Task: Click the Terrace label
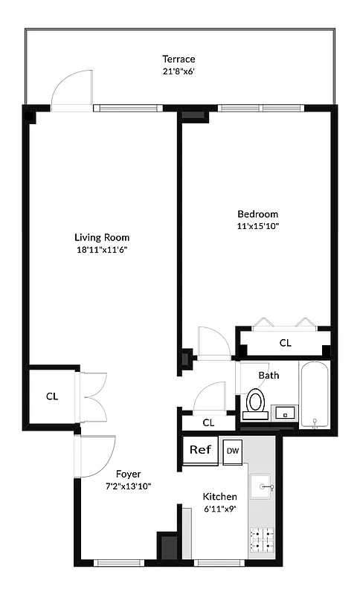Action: click(179, 59)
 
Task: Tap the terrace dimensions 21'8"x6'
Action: click(179, 72)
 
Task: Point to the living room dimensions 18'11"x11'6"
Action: click(103, 251)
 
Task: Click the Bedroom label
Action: click(257, 213)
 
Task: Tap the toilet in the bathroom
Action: click(256, 403)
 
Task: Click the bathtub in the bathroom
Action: click(315, 395)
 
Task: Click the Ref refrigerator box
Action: click(200, 451)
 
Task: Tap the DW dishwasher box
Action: click(232, 451)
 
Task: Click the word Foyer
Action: click(128, 473)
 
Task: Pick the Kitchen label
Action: click(220, 496)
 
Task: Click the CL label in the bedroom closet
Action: click(285, 343)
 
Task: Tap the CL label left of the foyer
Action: click(52, 396)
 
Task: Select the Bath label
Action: click(269, 375)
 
